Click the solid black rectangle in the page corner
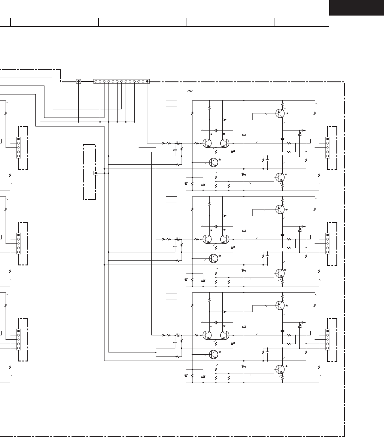click(356, 7)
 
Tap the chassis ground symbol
click(190, 90)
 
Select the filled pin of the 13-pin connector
click(147, 81)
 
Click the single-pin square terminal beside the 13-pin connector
click(78, 81)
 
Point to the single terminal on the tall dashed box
click(96, 173)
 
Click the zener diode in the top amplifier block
click(186, 184)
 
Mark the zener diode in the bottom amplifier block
click(186, 376)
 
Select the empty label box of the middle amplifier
click(171, 200)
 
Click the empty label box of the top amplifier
click(171, 103)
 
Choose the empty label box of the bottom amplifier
click(171, 297)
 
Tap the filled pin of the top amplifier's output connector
click(327, 139)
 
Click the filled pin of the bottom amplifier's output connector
click(327, 331)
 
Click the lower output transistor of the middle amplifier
click(280, 273)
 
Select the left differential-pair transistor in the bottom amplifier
click(207, 335)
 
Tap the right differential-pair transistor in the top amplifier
click(225, 143)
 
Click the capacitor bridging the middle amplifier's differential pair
click(216, 226)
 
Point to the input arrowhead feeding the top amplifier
click(164, 143)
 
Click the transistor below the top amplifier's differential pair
click(214, 162)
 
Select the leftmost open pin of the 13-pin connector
click(96, 81)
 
